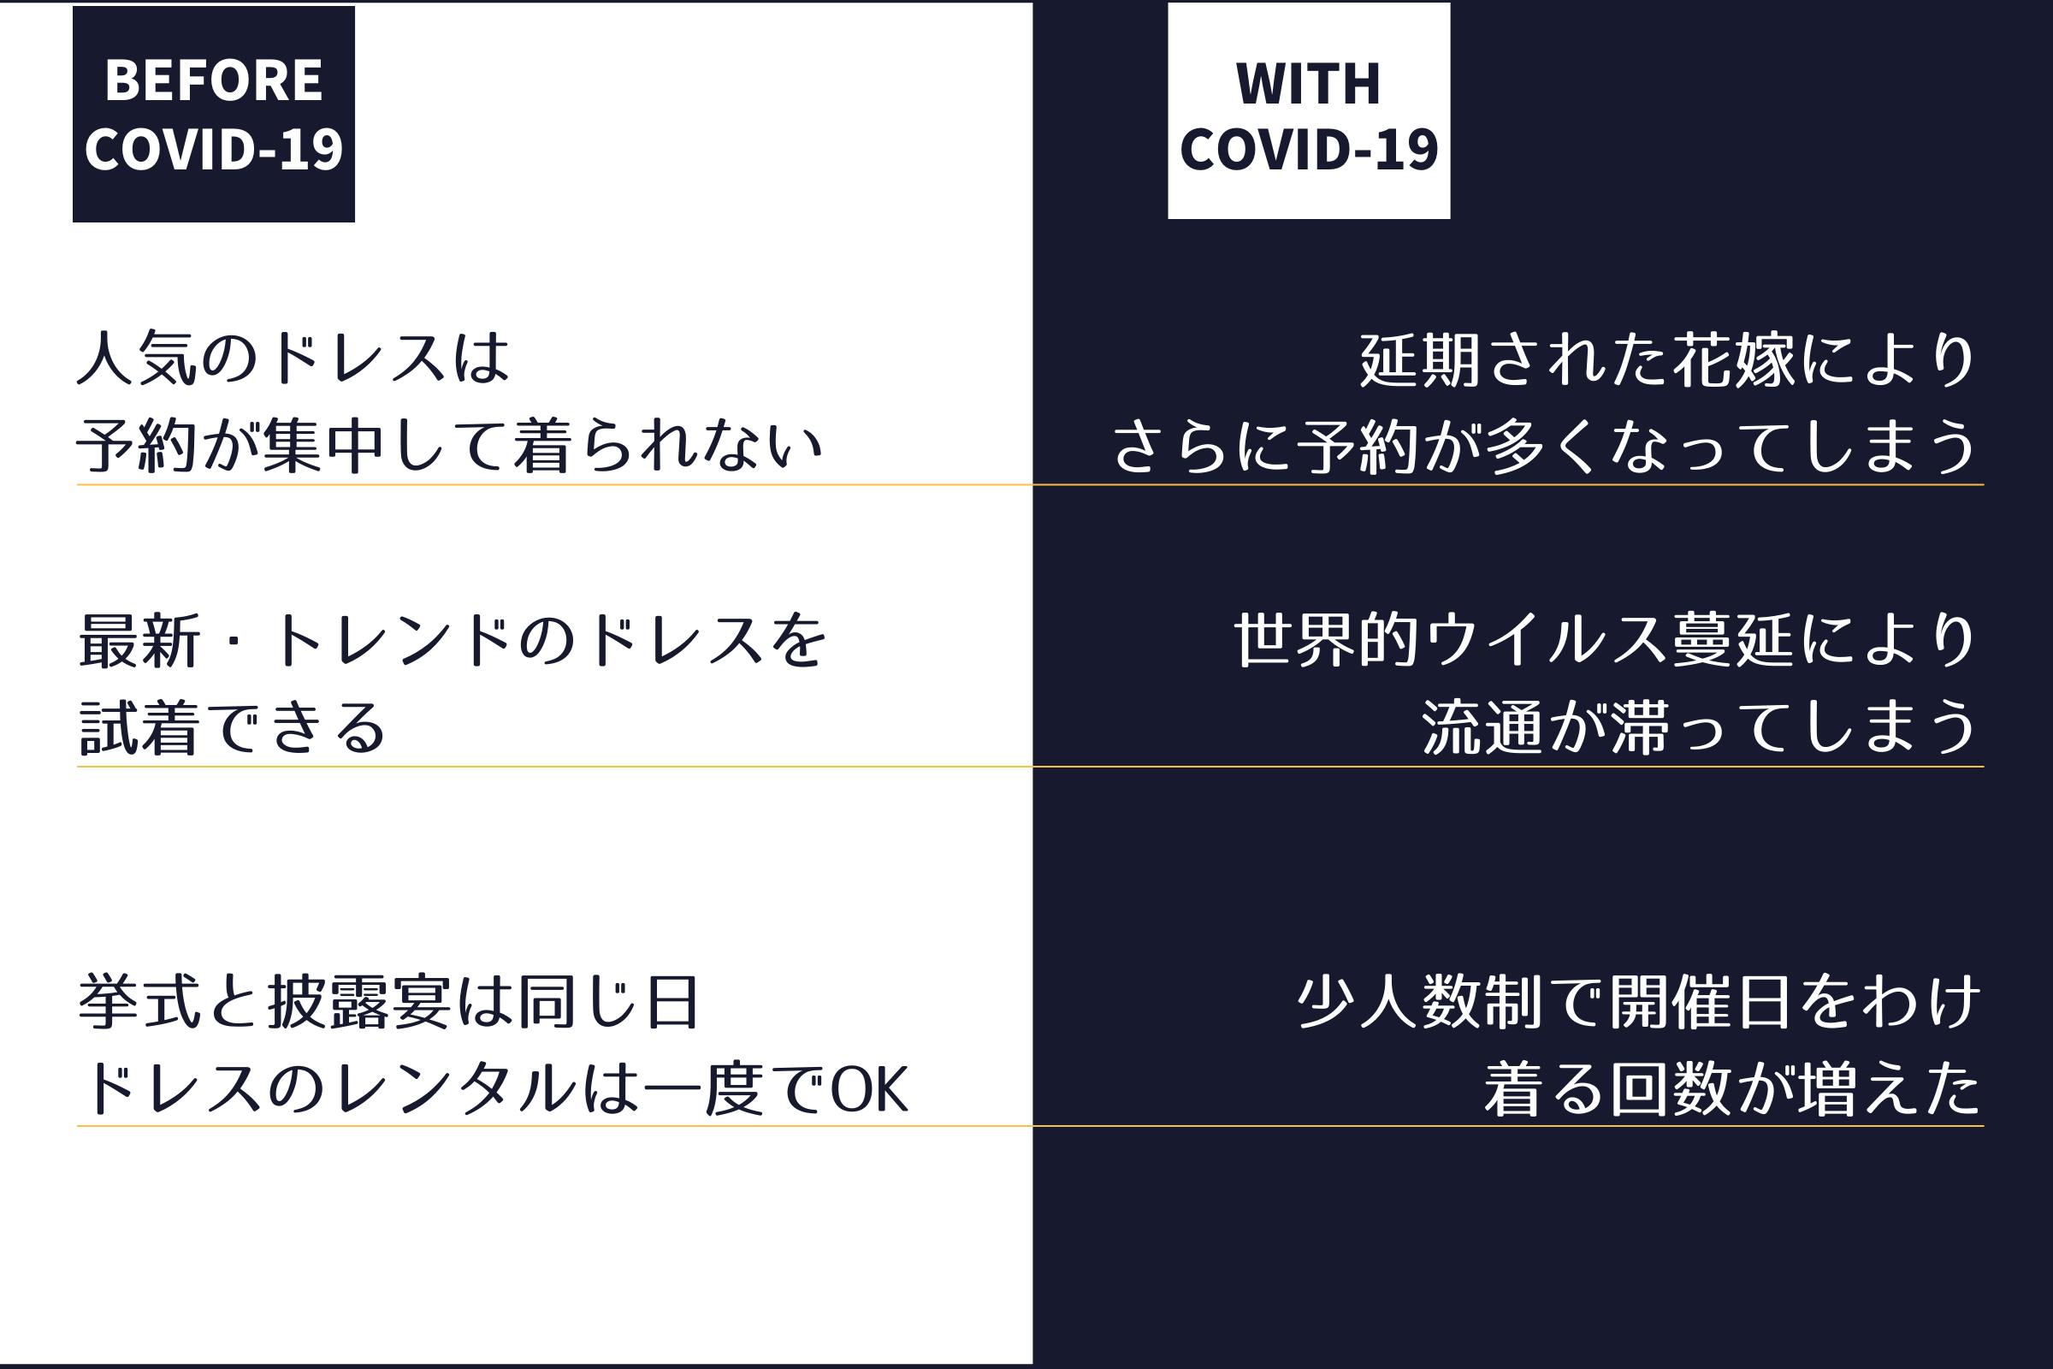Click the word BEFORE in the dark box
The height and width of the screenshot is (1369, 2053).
tap(214, 80)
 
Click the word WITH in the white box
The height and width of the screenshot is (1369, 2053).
tap(1309, 84)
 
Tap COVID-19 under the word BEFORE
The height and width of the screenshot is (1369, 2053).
tap(214, 149)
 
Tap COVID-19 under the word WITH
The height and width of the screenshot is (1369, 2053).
tap(1309, 149)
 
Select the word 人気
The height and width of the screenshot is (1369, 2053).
tap(138, 357)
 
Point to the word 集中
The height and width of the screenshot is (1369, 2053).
tap(323, 445)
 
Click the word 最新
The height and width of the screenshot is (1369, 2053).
tap(139, 641)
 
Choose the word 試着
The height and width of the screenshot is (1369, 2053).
tap(139, 727)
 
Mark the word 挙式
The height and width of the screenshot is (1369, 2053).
tap(139, 1001)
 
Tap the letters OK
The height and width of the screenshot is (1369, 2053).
tap(868, 1089)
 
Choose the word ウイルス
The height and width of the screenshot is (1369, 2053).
tap(1543, 641)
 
